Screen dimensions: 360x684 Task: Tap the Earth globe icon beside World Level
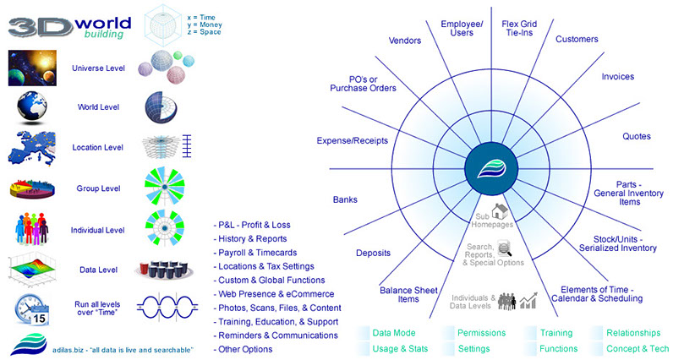[30, 106]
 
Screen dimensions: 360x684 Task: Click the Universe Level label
[99, 68]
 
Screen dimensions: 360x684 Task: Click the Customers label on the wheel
[577, 39]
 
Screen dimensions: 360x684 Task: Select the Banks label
[345, 200]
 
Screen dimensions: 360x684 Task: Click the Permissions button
[482, 333]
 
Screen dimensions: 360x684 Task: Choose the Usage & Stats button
[398, 348]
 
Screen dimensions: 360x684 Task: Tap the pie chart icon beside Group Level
[31, 188]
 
